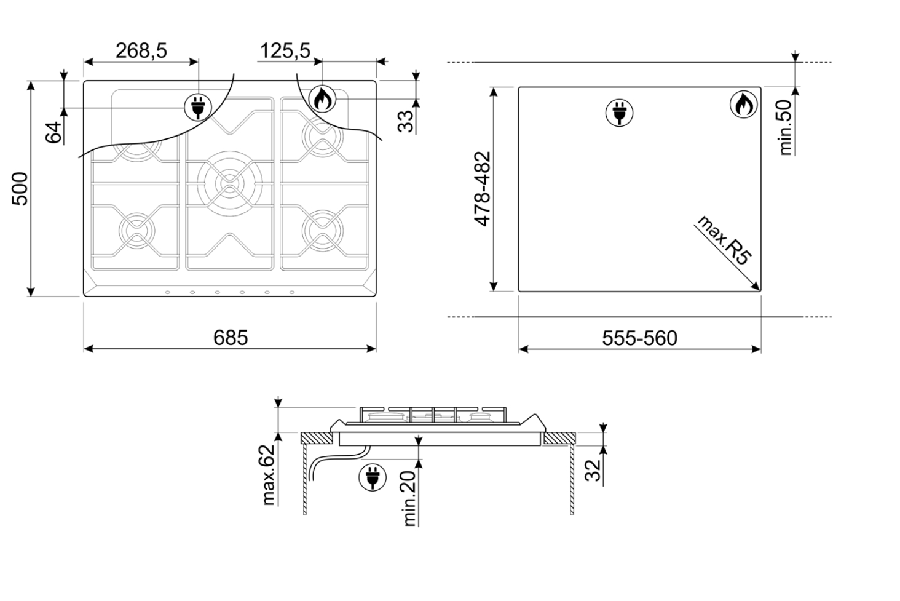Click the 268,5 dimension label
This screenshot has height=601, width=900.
tap(141, 51)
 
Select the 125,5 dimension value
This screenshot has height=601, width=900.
tap(285, 51)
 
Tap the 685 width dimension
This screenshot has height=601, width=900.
tap(230, 338)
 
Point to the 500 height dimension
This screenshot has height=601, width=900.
tap(20, 189)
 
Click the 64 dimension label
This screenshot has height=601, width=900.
tap(54, 132)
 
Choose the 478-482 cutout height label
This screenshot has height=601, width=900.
tap(483, 188)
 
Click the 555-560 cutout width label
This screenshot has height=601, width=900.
tap(639, 338)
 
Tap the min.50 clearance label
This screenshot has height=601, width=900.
tap(785, 127)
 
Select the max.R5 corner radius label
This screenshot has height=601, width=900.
tap(724, 241)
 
